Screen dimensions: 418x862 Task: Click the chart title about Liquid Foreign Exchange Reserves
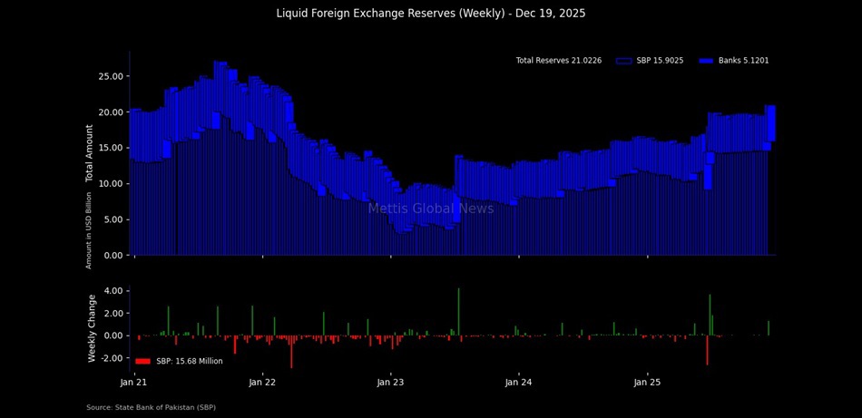click(x=431, y=14)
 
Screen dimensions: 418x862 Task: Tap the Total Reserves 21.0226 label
click(x=558, y=61)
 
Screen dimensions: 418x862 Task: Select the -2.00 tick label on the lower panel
click(x=110, y=358)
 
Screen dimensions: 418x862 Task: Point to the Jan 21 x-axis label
click(x=134, y=384)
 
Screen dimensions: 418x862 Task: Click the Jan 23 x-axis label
click(x=391, y=384)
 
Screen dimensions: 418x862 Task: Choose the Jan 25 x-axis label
click(x=648, y=384)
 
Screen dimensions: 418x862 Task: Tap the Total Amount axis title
click(x=91, y=153)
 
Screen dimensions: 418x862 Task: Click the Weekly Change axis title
click(x=92, y=328)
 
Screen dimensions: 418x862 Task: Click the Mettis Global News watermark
click(x=431, y=209)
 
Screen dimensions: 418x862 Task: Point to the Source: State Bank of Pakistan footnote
click(x=151, y=408)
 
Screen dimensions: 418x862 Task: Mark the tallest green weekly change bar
click(x=459, y=312)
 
